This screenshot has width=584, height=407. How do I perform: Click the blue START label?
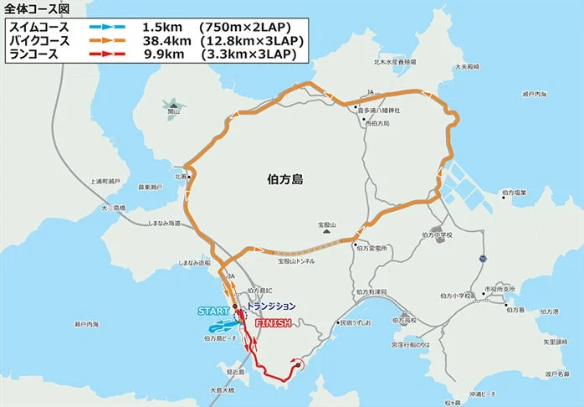pyautogui.click(x=213, y=312)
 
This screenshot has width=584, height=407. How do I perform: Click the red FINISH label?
pyautogui.click(x=272, y=322)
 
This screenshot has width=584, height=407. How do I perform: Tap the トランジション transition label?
pyautogui.click(x=272, y=306)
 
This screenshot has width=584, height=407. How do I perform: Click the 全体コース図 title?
pyautogui.click(x=34, y=8)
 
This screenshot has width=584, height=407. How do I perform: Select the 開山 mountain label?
pyautogui.click(x=173, y=111)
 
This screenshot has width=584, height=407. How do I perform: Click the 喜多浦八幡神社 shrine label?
pyautogui.click(x=378, y=111)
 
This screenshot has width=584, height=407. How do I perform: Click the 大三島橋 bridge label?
pyautogui.click(x=112, y=208)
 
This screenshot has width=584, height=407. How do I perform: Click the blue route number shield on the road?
pyautogui.click(x=483, y=259)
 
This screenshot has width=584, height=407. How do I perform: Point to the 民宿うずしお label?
pyautogui.click(x=353, y=322)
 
